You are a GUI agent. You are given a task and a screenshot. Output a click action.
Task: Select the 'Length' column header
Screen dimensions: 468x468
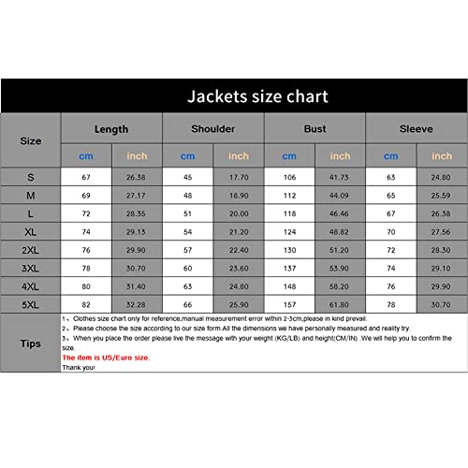pos(111,128)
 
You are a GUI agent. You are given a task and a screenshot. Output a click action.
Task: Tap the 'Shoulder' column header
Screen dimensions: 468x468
pos(212,128)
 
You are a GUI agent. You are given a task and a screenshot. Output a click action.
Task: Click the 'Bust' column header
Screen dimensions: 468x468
pos(314,128)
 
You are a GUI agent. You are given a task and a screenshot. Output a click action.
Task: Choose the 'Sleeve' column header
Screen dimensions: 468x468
pos(416,128)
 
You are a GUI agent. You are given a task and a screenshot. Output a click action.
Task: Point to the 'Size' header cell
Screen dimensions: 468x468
pos(31,140)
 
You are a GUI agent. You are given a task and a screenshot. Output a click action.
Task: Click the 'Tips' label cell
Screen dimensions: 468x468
pos(31,344)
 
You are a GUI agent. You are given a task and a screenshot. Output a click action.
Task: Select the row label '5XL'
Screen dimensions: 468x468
pos(31,305)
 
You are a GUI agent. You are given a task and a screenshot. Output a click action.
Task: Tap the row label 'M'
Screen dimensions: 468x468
pos(31,195)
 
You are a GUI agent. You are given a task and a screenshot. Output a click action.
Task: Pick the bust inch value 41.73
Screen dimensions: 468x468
pos(340,177)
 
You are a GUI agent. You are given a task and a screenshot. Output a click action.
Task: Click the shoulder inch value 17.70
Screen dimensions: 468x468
pos(239,177)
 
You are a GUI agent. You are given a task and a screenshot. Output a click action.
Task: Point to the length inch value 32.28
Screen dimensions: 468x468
pos(137,305)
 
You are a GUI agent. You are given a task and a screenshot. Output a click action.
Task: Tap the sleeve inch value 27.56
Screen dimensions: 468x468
pos(441,231)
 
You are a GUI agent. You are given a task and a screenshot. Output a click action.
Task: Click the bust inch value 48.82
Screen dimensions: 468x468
pos(340,231)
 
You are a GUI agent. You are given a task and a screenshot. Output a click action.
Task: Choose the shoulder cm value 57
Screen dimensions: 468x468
pos(187,250)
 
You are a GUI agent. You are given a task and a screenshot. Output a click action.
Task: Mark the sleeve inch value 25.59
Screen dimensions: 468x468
pos(441,195)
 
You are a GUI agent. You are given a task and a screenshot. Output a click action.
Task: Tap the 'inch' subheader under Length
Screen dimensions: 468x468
pos(137,155)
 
